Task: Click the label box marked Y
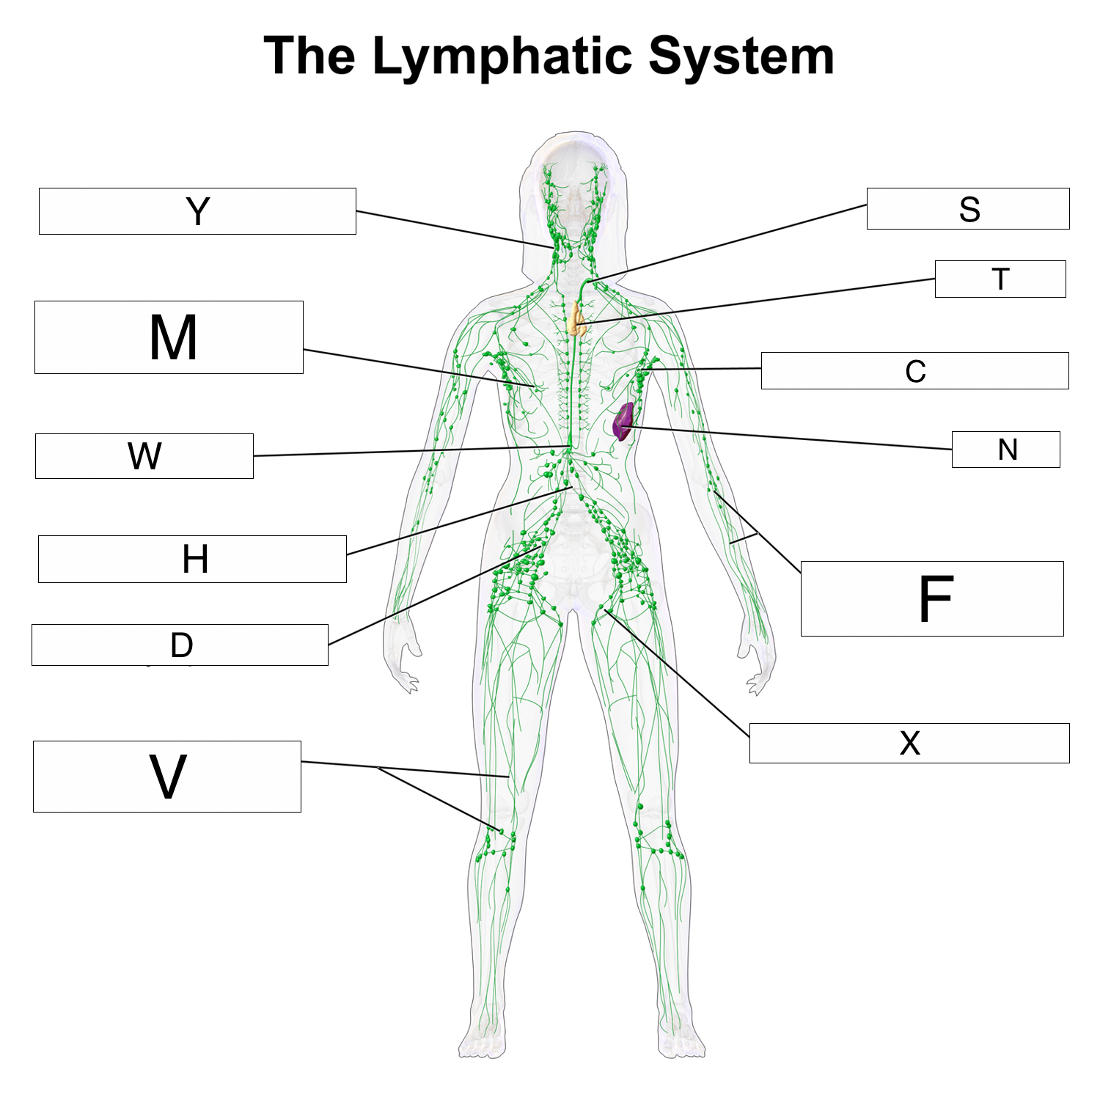pyautogui.click(x=197, y=211)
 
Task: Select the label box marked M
pyautogui.click(x=169, y=337)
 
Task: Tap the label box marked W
pyautogui.click(x=144, y=456)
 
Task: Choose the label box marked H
pyautogui.click(x=192, y=559)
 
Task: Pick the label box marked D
pyautogui.click(x=180, y=645)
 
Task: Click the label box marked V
pyautogui.click(x=167, y=776)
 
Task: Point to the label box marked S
pyautogui.click(x=968, y=209)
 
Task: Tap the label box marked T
pyautogui.click(x=1000, y=279)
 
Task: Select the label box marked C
pyautogui.click(x=914, y=370)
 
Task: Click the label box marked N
pyautogui.click(x=1005, y=450)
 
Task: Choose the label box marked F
pyautogui.click(x=932, y=598)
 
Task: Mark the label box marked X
pyautogui.click(x=909, y=743)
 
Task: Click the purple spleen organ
pyautogui.click(x=623, y=422)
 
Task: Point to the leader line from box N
pyautogui.click(x=792, y=438)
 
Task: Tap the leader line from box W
pyautogui.click(x=411, y=452)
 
